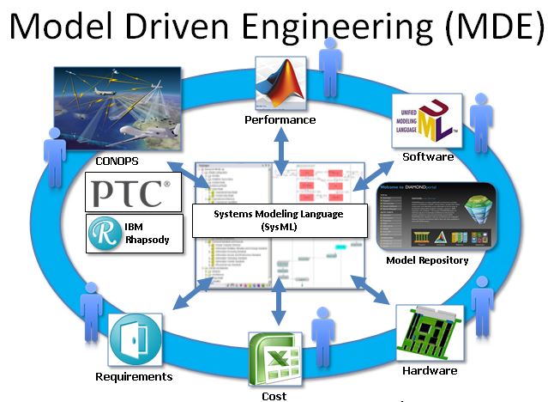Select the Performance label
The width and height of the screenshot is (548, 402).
click(x=280, y=120)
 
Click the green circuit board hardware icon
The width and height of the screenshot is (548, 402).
click(x=428, y=333)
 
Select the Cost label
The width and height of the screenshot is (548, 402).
click(x=274, y=396)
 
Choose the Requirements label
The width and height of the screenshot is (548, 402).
click(x=134, y=376)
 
